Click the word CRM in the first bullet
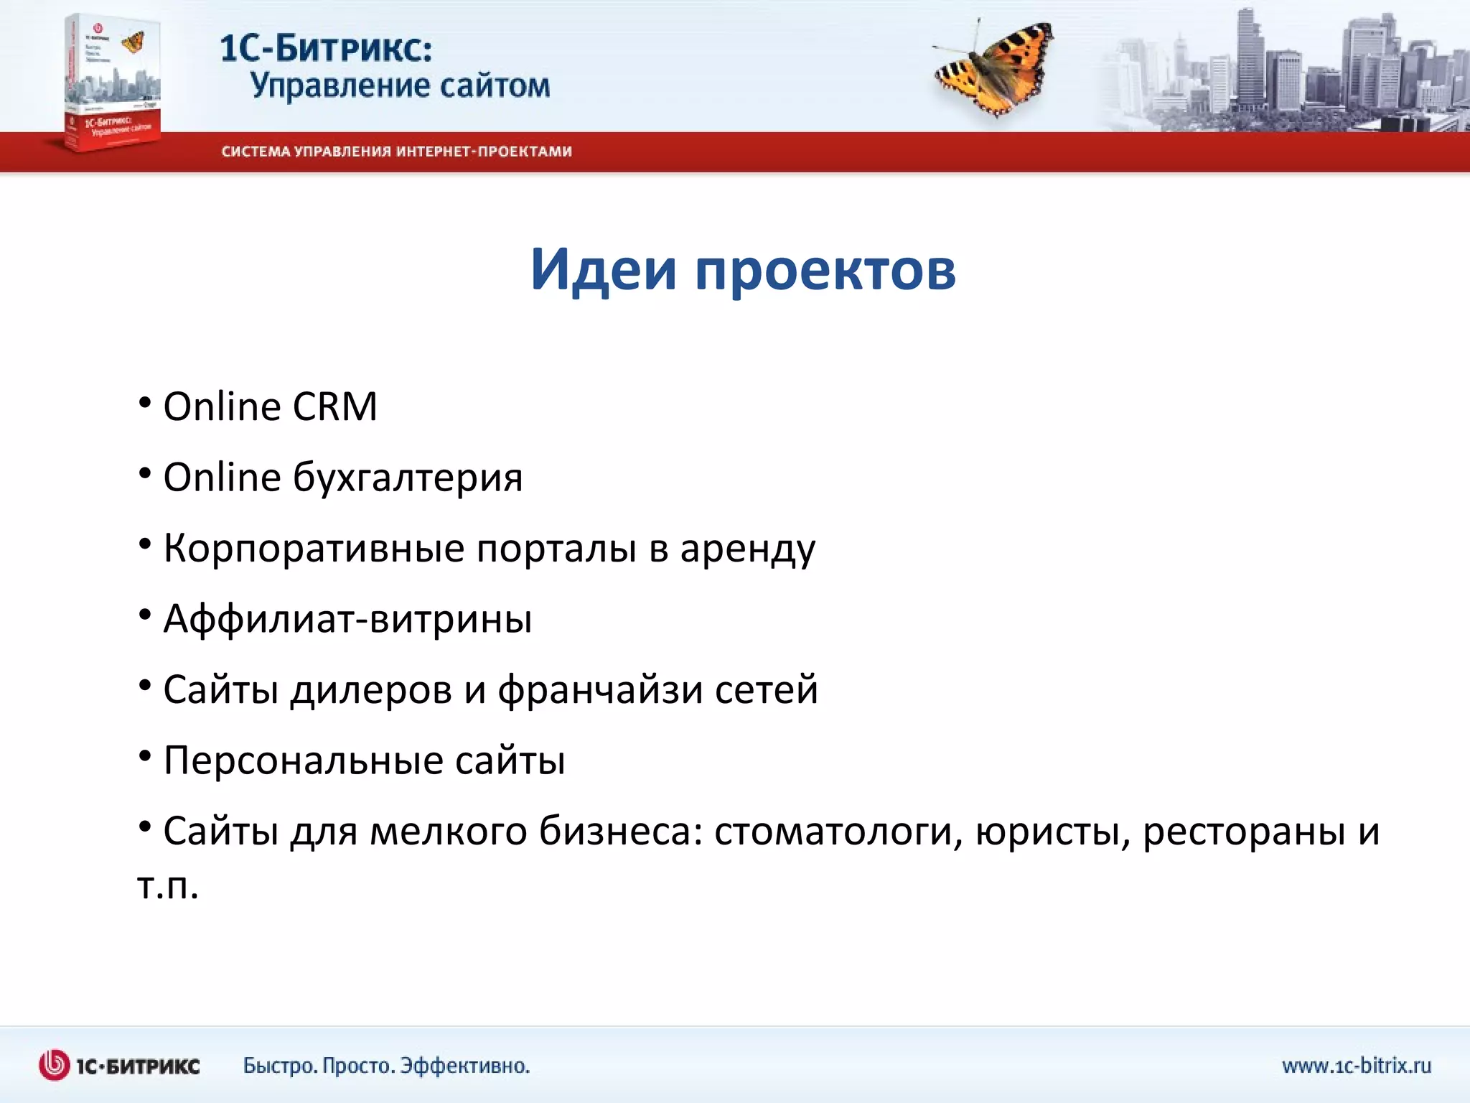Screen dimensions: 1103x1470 point(334,407)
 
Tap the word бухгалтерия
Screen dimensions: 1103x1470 point(408,478)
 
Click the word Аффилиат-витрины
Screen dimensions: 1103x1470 point(348,619)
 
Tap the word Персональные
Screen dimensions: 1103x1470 point(304,760)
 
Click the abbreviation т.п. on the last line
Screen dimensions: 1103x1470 point(167,886)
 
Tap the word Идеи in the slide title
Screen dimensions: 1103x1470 point(603,269)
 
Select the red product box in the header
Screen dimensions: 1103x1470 point(112,83)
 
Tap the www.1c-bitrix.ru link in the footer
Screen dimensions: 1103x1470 point(1356,1066)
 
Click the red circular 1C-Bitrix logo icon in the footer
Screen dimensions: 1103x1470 point(55,1066)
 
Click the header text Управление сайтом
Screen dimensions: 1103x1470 point(400,86)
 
